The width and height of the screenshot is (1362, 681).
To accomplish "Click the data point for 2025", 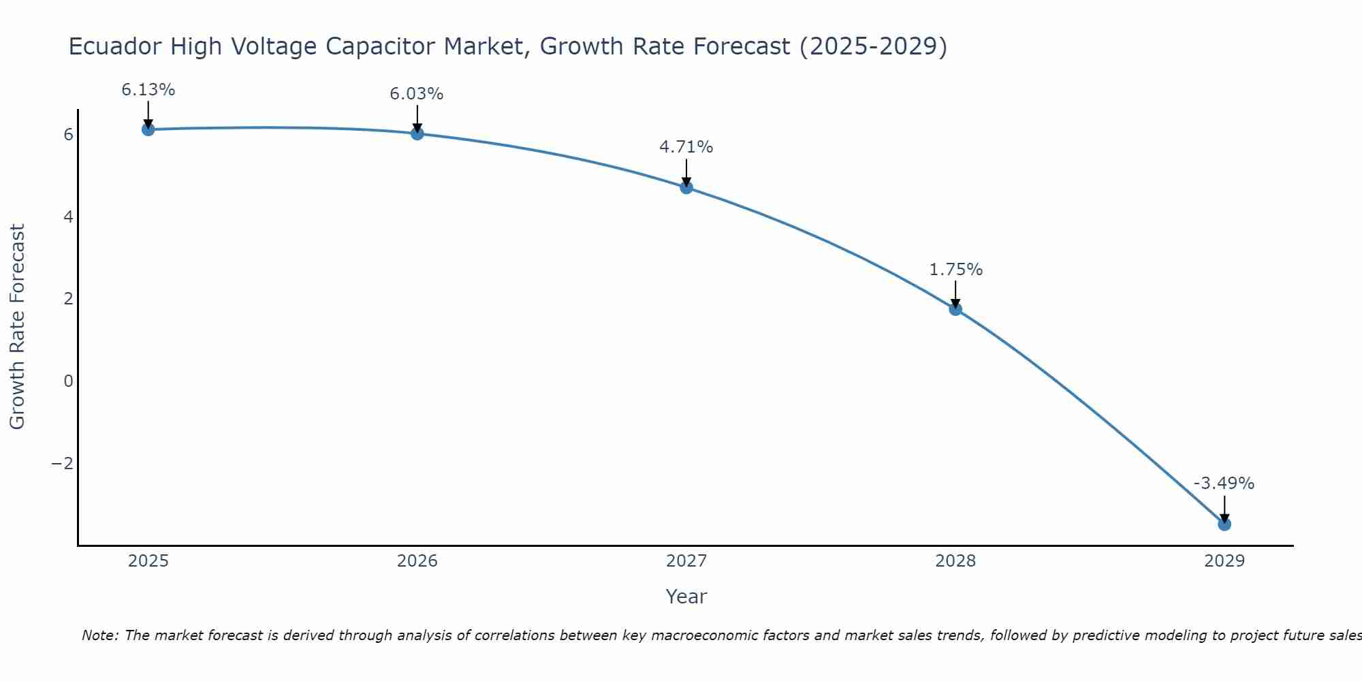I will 148,129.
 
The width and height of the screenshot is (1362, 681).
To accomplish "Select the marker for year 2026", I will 417,133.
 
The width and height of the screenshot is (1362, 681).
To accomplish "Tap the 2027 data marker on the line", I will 686,187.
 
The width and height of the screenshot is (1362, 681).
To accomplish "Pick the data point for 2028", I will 955,309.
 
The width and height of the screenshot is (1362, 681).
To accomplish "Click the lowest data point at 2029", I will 1224,524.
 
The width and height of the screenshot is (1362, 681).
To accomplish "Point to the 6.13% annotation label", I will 148,90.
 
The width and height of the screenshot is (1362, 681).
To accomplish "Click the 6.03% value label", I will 416,94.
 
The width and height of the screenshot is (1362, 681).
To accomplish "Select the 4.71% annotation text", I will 686,147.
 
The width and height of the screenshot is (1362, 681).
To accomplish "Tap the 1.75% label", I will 955,270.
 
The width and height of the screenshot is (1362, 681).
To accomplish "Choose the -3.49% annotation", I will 1223,484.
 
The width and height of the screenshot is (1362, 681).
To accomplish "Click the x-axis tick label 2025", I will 148,561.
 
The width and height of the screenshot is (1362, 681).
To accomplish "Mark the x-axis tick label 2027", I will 686,561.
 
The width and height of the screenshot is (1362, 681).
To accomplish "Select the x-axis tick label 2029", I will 1224,561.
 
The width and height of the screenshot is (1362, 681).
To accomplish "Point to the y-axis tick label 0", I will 68,381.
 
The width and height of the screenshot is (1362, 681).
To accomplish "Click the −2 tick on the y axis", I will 62,464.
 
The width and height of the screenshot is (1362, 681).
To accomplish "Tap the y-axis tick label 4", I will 68,217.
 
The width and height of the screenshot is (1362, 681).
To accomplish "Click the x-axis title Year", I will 686,597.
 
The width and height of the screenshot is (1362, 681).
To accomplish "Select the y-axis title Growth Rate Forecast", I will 17,327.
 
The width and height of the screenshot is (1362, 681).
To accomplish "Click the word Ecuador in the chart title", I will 115,47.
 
